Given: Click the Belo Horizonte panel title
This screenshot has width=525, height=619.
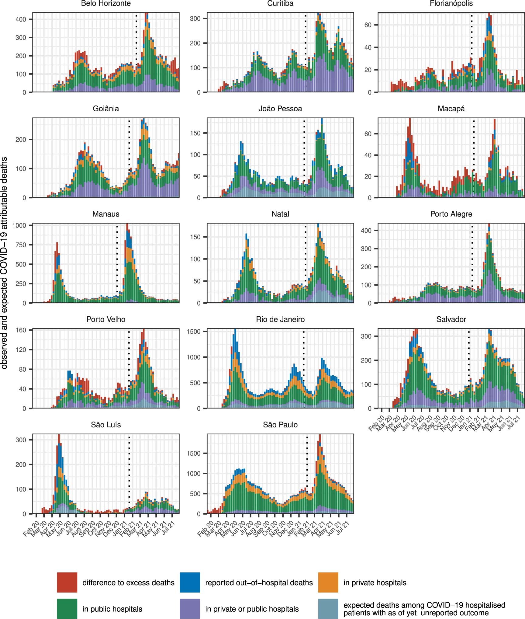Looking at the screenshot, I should pos(106,4).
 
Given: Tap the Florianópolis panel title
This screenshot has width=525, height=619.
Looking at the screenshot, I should pos(451,4).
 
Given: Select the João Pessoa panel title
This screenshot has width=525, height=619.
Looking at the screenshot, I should pos(280,109).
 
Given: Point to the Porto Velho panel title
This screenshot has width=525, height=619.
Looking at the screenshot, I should pos(106,319).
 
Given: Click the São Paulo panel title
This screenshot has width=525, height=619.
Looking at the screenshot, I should pos(280,425).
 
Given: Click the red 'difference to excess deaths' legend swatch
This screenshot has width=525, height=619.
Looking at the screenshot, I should pos(67,582).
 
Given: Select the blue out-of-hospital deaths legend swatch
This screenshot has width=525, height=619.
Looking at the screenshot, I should pos(190,582).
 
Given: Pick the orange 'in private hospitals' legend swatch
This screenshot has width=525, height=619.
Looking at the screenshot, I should pos(328,582).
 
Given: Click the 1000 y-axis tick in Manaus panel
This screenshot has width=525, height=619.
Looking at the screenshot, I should pos(19,225).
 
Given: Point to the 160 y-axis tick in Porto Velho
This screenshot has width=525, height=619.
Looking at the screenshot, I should pos(21,330).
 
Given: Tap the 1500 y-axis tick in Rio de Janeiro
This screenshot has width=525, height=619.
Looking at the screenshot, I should pos(194,332).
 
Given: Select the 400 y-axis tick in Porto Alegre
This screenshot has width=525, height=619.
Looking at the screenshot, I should pos(366,231).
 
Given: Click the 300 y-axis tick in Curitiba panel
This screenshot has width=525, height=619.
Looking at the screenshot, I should pos(195,19).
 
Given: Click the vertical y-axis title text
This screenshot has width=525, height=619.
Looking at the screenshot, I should pos(4,263).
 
